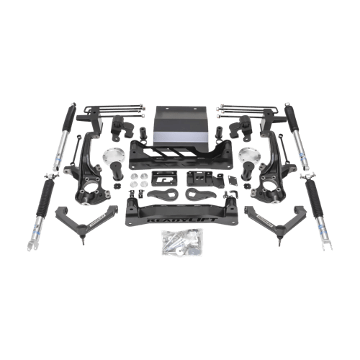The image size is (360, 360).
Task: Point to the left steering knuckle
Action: pyautogui.click(x=93, y=168)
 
